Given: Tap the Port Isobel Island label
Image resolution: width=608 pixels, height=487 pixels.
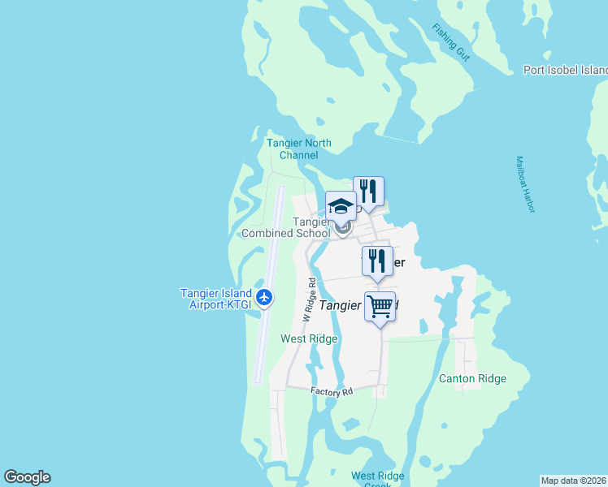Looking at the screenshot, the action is (x=565, y=70).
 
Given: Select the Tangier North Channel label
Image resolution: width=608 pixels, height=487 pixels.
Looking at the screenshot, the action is (x=299, y=149).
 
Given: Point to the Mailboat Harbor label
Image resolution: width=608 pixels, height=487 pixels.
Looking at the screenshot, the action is (x=526, y=184).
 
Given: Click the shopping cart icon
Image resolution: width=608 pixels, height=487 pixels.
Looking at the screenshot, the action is (x=380, y=307).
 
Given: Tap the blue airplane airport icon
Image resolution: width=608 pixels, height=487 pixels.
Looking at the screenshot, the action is (x=263, y=298).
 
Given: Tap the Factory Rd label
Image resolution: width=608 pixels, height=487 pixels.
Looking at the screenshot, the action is (x=332, y=391).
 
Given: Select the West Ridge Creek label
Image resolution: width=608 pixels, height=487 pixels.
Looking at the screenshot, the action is (x=377, y=478).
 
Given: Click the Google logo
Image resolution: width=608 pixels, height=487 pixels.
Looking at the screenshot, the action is (x=27, y=477).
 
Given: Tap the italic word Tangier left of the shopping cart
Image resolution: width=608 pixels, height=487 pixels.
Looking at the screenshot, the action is (x=340, y=305).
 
